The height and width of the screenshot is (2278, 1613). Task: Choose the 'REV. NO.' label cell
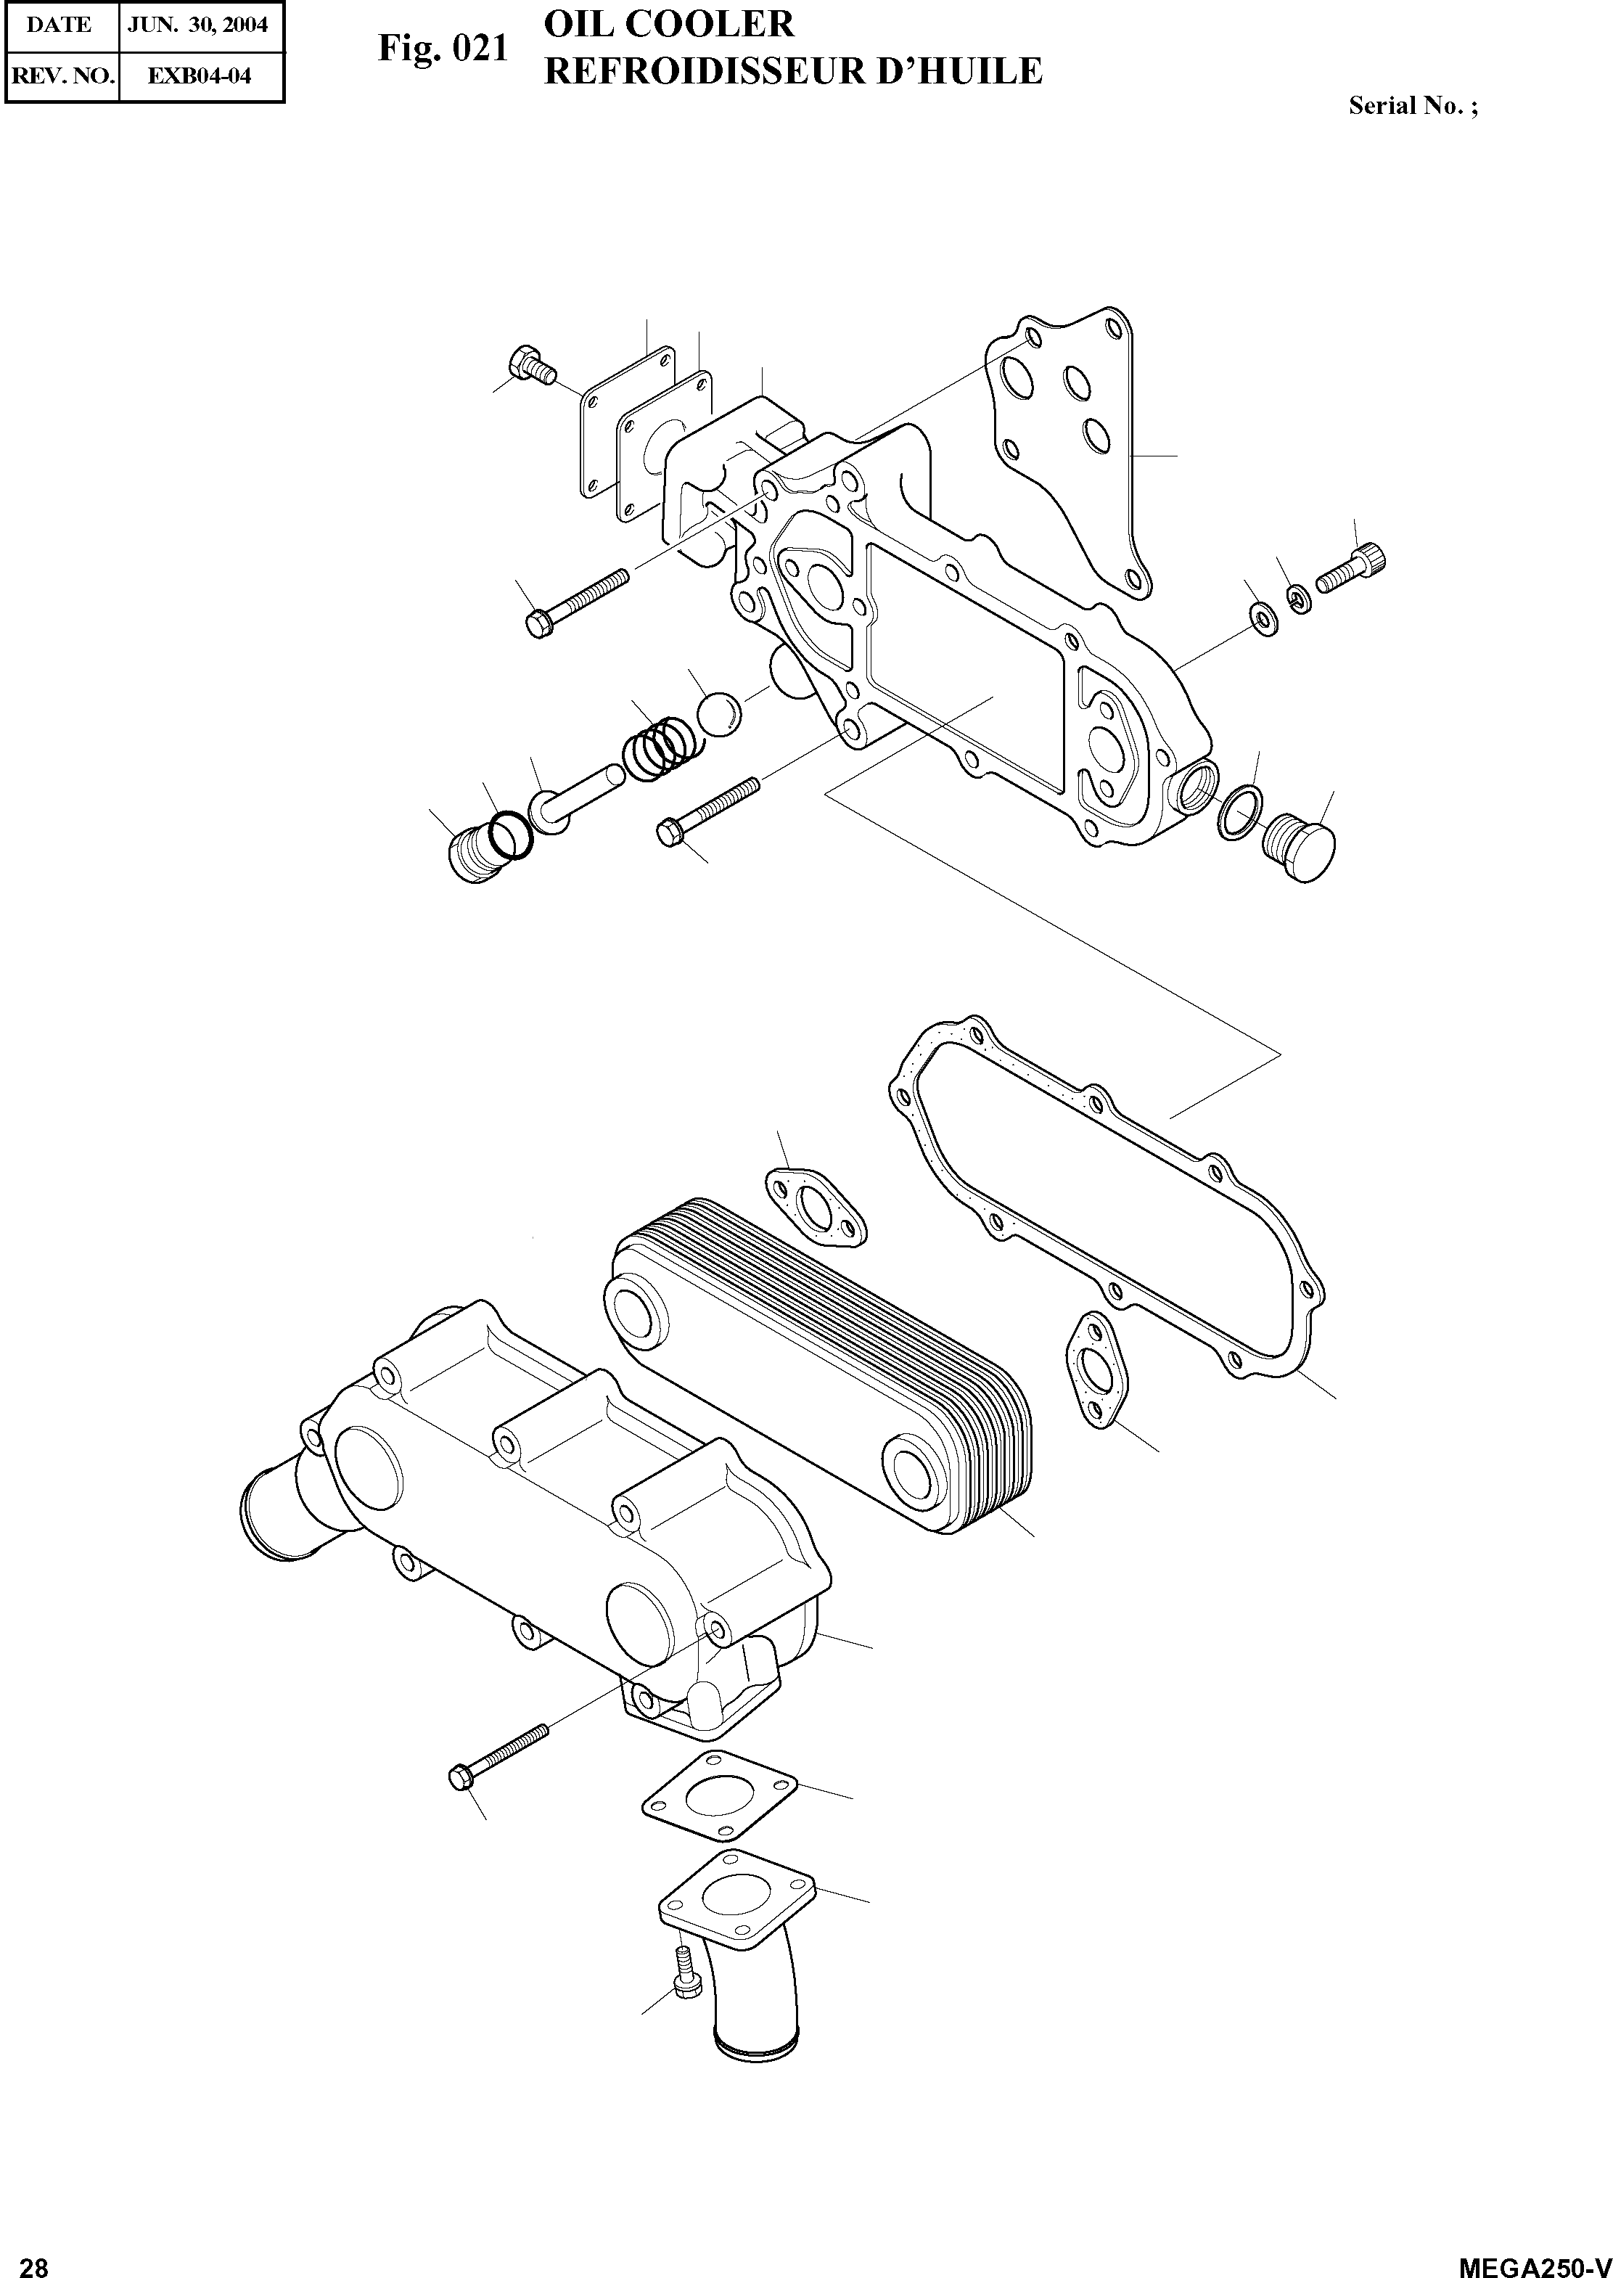point(62,75)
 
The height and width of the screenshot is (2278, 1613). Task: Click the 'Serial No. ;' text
point(1412,106)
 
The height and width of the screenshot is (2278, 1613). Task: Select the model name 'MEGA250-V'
point(1532,2262)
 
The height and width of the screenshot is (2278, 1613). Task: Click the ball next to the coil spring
point(718,714)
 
